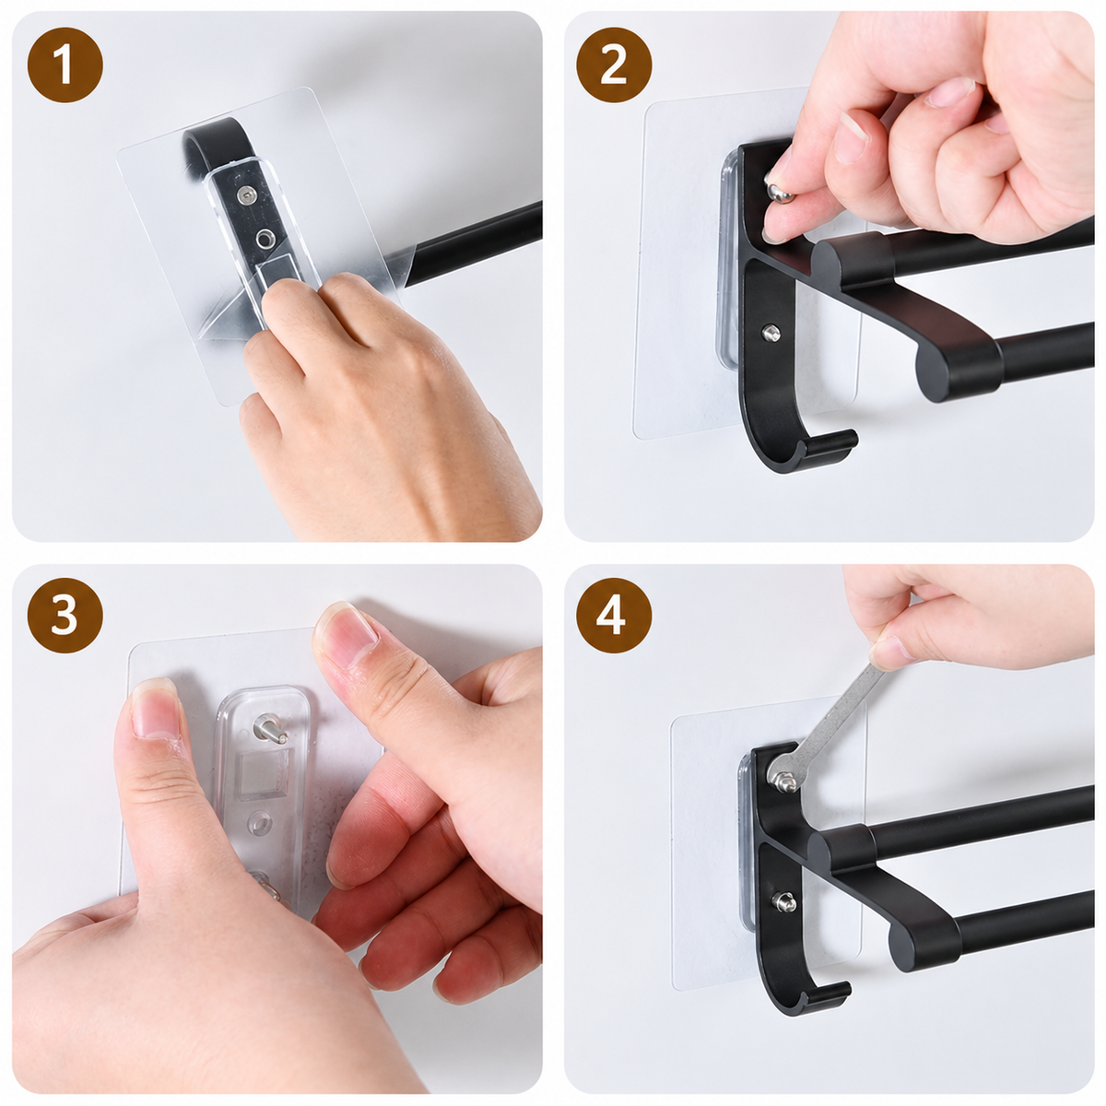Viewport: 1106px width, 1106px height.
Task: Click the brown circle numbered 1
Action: point(65,65)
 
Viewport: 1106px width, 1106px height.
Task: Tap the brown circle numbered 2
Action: point(614,65)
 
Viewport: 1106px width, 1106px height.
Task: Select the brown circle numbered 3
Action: point(65,615)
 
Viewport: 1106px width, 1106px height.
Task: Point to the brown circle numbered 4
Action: point(614,615)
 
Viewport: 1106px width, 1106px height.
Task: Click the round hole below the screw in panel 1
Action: point(265,238)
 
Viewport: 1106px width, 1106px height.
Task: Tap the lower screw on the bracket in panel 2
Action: point(771,333)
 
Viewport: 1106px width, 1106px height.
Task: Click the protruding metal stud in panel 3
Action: point(269,728)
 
